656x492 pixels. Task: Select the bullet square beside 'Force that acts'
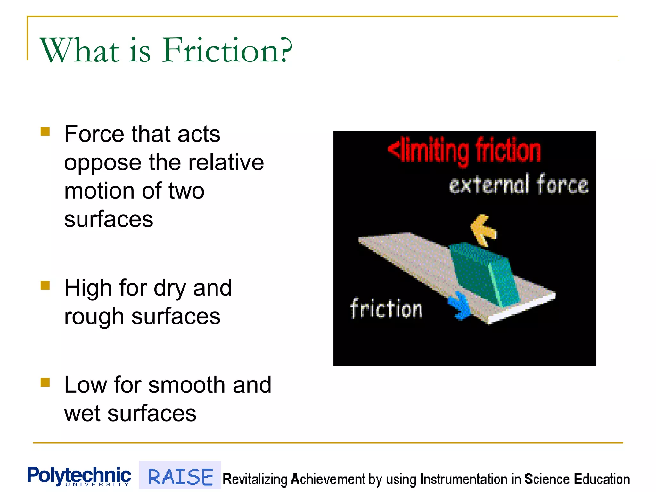45,132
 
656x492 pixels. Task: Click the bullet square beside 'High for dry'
45,285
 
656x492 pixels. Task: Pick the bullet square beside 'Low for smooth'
45,382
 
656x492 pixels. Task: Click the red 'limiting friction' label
464,151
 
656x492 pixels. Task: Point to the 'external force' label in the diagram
519,184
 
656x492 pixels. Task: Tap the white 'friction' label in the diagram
386,309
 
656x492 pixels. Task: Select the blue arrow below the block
460,306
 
